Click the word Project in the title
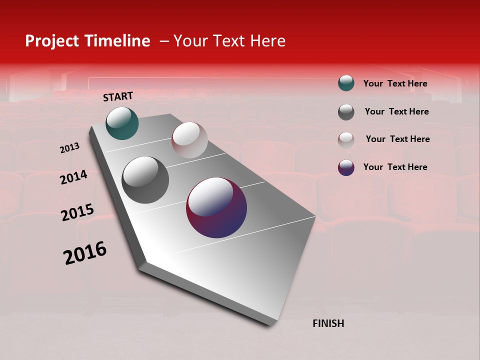point(52,41)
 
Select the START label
point(118,96)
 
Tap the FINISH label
point(328,323)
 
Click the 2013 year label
point(69,148)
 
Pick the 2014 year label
point(73,177)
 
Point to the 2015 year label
point(77,212)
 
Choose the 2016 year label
point(85,252)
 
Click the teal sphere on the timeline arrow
point(122,123)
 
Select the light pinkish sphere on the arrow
point(189,140)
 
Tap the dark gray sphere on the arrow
point(145,179)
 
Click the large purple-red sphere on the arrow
point(216,207)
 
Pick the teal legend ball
point(346,83)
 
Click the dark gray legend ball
point(346,112)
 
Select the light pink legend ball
point(346,139)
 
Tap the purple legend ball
point(346,167)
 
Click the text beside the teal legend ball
point(395,83)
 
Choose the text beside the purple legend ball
point(395,167)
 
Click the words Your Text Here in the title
point(229,41)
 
